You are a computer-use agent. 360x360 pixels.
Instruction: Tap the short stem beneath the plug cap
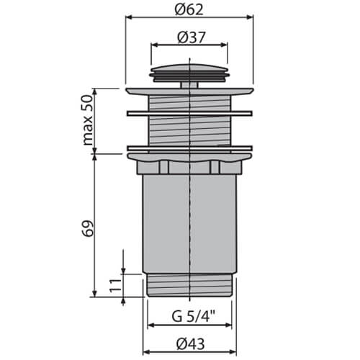coord(189,85)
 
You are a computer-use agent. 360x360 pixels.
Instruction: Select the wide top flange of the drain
coord(189,91)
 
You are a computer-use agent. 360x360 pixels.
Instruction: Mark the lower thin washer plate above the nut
coord(189,148)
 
